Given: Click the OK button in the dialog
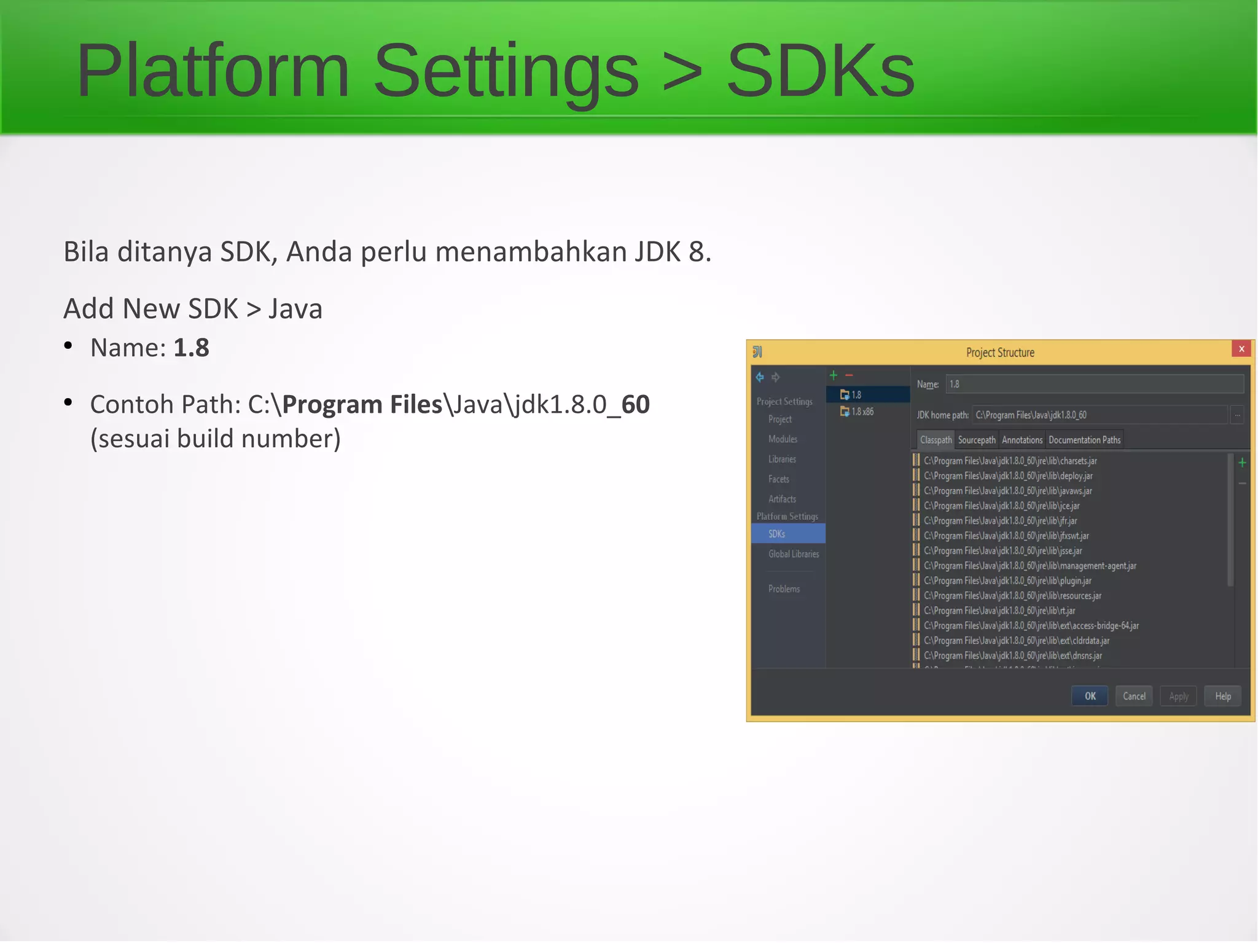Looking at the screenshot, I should click(1090, 696).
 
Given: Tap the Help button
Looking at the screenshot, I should click(1222, 696).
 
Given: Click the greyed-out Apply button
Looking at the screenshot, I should click(1178, 696).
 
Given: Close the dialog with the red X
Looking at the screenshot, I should click(1241, 349).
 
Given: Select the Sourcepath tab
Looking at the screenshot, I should click(977, 440).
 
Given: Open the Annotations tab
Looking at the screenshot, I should click(1022, 440).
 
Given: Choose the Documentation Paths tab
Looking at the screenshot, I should click(1084, 440).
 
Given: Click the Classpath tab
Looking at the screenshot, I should click(936, 440).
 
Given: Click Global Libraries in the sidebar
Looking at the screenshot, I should click(794, 554).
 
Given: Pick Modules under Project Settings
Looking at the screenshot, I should click(783, 439).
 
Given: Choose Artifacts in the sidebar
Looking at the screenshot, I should click(782, 499).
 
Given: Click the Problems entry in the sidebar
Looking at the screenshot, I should click(784, 589).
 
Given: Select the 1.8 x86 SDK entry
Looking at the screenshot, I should click(862, 412).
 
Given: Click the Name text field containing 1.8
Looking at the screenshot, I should click(1093, 385).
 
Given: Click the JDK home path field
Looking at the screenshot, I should click(1100, 415).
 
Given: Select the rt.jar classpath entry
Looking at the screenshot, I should click(999, 611).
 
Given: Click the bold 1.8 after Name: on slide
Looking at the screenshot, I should click(191, 348).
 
